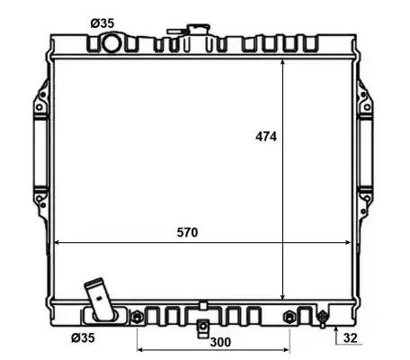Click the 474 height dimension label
266,137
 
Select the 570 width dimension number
187,232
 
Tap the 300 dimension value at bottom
220,342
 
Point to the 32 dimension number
351,337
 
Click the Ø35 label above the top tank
102,23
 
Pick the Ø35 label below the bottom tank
83,337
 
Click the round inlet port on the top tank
112,43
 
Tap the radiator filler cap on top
199,30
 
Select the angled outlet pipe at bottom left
100,300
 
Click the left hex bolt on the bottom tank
137,317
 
